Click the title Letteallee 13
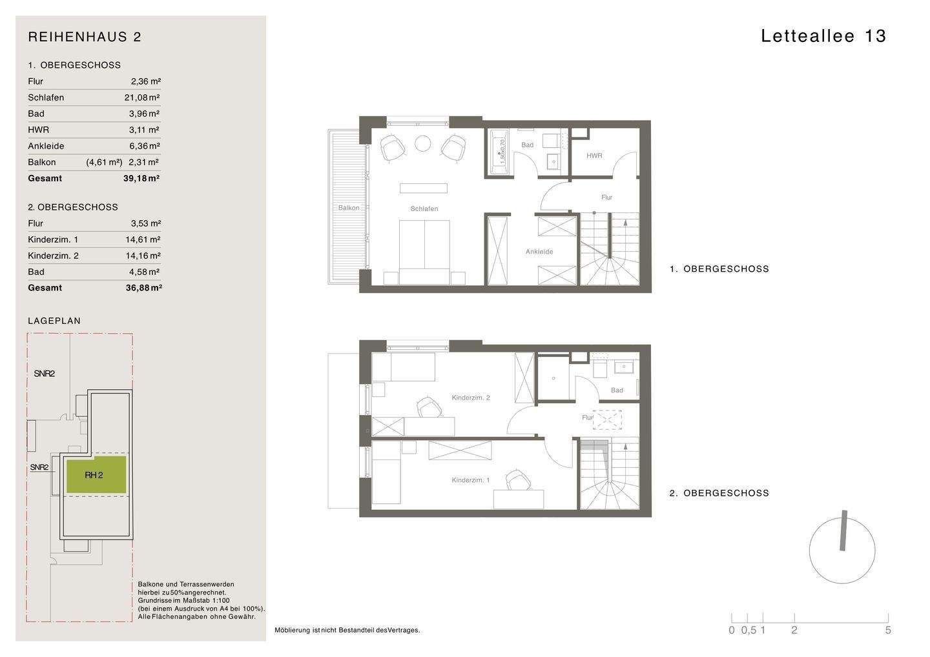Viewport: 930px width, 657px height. pos(823,36)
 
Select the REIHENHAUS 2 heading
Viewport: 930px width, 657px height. pos(85,37)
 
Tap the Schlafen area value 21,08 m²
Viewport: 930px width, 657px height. pos(142,97)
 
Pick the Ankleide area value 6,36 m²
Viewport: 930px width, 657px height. pos(145,146)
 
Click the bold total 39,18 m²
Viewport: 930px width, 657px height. pos(141,178)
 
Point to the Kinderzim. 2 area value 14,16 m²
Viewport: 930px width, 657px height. pos(143,256)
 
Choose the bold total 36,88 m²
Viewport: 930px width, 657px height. pos(143,288)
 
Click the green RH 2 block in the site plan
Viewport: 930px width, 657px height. pos(96,475)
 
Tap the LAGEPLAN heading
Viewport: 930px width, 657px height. pos(54,321)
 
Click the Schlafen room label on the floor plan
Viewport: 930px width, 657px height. pos(424,208)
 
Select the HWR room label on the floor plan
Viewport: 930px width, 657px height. pos(594,156)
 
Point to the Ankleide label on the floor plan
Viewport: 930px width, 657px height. pos(539,251)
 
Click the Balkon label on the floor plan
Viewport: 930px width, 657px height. pos(349,208)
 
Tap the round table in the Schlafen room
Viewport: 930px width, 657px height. pos(422,143)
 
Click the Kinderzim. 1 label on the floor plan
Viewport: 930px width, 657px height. pos(471,480)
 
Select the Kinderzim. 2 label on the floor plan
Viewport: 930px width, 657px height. pos(471,398)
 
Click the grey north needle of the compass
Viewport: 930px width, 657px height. pos(843,531)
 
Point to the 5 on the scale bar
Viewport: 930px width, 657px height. pos(888,631)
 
